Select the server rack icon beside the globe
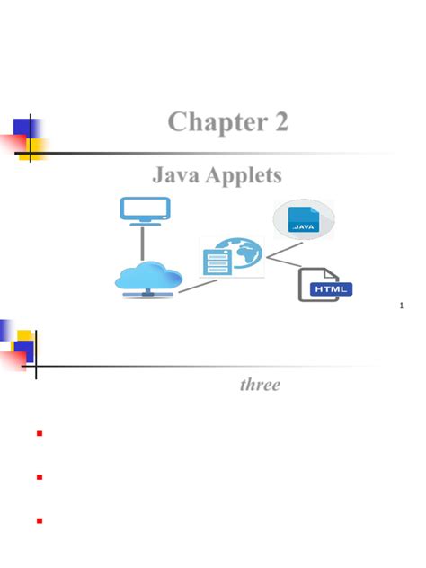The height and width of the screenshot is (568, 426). (217, 260)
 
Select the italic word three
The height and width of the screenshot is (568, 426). (260, 385)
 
